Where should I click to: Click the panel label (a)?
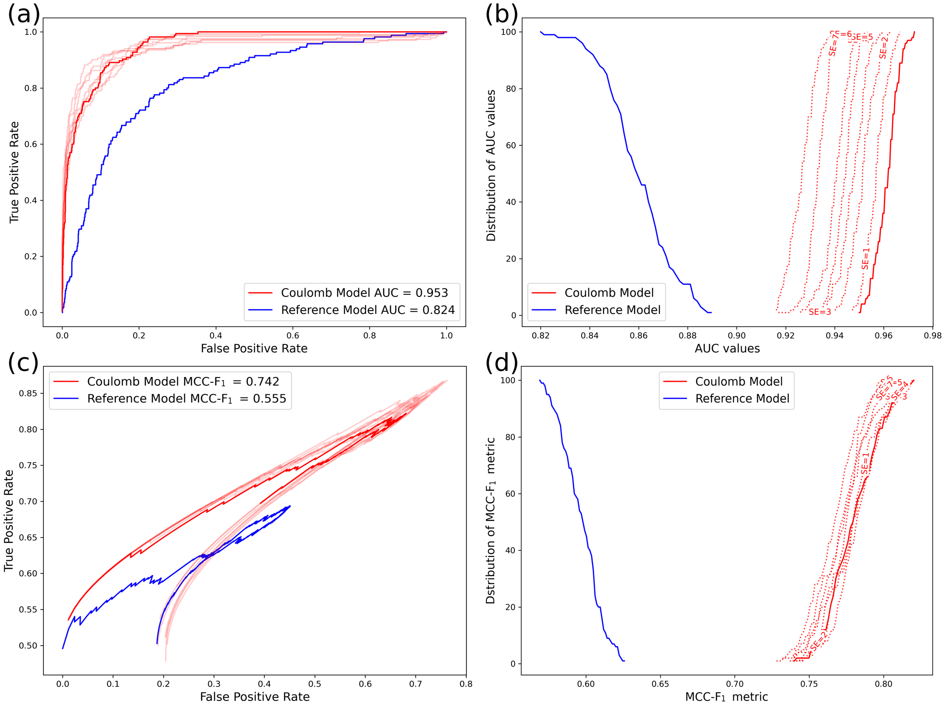point(24,15)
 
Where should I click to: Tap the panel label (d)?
point(502,363)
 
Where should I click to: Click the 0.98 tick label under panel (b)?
point(933,336)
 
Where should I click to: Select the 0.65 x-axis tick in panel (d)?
point(660,684)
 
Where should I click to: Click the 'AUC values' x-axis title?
point(727,349)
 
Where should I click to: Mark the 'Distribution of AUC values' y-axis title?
point(491,165)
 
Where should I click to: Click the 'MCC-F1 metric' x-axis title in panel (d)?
point(726,697)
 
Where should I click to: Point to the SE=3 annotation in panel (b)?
point(819,312)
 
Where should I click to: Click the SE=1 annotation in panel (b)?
point(865,259)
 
